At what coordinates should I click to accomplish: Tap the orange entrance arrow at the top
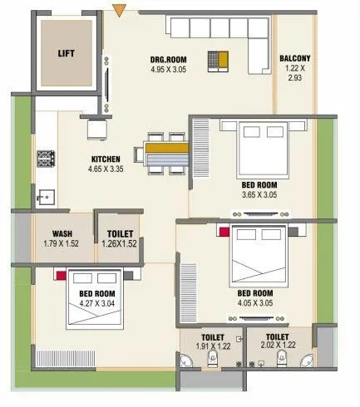(x=121, y=10)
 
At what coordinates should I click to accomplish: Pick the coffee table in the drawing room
(x=218, y=60)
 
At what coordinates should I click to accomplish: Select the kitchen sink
(x=45, y=198)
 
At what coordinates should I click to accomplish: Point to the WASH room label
(x=62, y=234)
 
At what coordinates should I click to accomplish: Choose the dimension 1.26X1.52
(x=118, y=244)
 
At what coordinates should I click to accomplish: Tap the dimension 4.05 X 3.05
(x=255, y=303)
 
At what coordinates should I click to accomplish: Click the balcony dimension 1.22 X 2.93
(x=295, y=71)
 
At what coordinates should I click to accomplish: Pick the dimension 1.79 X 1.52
(x=62, y=244)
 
